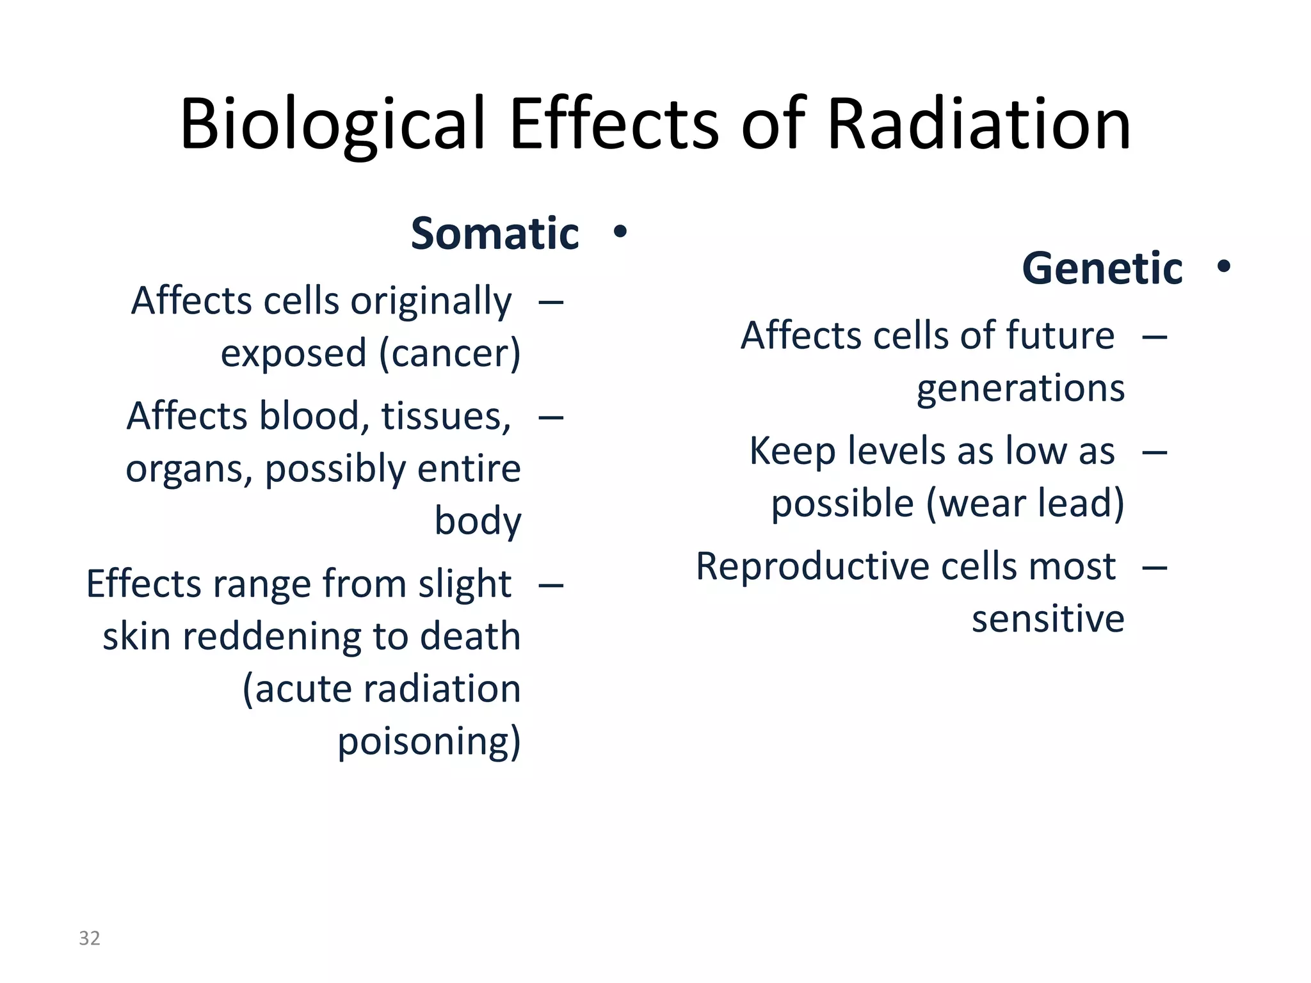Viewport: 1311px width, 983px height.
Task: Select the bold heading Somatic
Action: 495,234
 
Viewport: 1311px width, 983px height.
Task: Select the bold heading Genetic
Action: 1102,268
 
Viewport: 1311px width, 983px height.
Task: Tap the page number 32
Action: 89,938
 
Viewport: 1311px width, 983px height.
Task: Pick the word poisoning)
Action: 429,741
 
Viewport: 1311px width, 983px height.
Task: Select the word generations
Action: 1020,388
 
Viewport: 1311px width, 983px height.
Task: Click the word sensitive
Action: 1047,619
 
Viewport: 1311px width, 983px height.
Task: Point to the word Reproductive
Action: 810,566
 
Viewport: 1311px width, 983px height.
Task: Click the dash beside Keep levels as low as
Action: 1155,452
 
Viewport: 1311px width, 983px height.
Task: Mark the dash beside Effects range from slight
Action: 551,584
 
